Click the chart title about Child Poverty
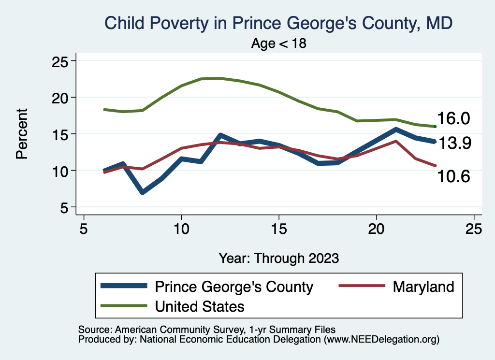279,23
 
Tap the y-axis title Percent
21,134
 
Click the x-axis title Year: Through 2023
279,258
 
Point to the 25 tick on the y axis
60,61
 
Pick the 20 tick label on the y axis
60,98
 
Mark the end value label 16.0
453,119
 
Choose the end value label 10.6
453,177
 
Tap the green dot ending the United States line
435,127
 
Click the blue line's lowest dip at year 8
143,192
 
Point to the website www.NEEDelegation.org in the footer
382,340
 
